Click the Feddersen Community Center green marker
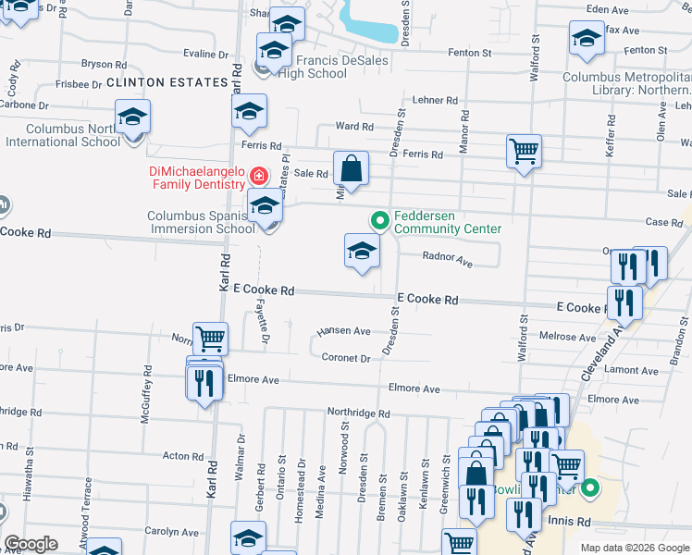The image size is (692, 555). (x=378, y=220)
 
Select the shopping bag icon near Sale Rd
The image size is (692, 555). (x=351, y=169)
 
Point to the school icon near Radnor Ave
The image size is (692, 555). (x=362, y=250)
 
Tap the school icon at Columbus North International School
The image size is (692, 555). (x=132, y=117)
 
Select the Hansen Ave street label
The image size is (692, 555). (x=343, y=331)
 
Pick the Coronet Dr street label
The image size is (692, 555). (x=346, y=358)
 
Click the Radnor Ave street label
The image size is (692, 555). (x=448, y=261)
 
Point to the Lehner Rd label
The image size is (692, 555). (x=435, y=100)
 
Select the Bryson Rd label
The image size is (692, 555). (x=104, y=65)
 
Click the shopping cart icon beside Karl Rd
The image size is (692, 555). (x=210, y=339)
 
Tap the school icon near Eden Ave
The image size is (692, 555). (x=586, y=39)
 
